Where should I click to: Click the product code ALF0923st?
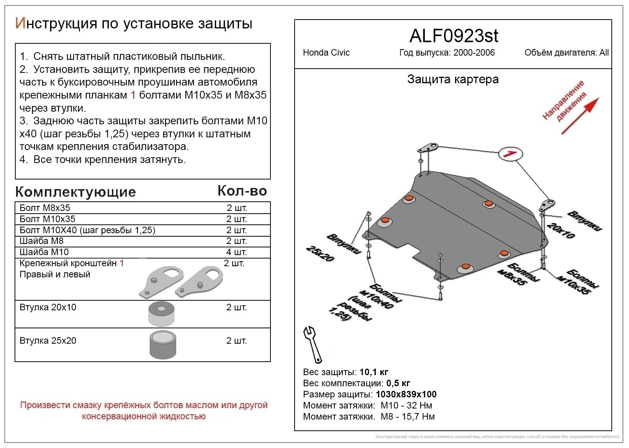tap(454, 36)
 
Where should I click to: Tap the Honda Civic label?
tap(326, 53)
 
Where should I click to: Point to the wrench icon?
tap(313, 344)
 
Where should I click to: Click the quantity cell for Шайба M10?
tap(236, 252)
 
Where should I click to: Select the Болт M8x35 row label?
tap(45, 208)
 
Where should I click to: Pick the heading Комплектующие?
tap(75, 192)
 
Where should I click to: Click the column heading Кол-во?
tap(242, 191)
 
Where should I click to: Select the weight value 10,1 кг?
tap(374, 372)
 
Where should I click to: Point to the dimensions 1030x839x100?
tap(406, 394)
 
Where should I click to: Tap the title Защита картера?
tap(453, 79)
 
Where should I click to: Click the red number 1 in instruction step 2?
tap(133, 95)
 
